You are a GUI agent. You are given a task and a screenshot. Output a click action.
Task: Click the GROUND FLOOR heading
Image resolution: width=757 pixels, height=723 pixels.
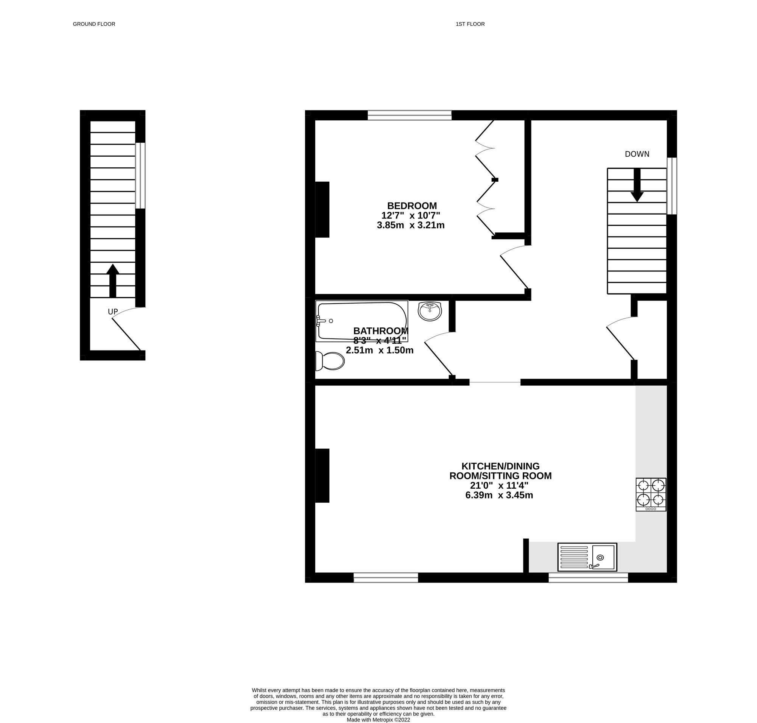(94, 24)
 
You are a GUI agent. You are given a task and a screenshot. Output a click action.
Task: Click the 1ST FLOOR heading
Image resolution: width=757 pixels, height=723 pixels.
(470, 24)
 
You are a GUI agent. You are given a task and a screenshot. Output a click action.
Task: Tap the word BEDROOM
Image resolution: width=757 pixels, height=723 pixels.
(412, 206)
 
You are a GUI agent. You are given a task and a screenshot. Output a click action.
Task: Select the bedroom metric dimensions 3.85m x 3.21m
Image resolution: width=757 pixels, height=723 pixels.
(411, 225)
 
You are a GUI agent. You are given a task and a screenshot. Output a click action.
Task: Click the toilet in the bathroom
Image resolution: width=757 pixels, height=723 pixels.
(329, 361)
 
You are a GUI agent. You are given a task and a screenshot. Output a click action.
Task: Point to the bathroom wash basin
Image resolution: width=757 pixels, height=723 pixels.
(430, 311)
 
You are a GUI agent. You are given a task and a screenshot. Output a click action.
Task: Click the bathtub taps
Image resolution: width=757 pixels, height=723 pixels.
(320, 321)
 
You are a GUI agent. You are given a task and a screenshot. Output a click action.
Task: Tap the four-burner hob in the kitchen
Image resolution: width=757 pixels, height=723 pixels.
(651, 495)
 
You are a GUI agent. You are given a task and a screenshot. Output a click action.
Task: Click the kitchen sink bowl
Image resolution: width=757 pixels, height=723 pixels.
(603, 557)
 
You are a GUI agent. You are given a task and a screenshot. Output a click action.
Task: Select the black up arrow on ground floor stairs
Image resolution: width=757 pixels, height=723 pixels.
(112, 280)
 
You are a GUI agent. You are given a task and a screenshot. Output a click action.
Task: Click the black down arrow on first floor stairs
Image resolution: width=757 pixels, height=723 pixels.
(637, 185)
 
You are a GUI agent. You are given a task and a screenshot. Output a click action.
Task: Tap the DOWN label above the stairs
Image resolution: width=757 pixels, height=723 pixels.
(637, 154)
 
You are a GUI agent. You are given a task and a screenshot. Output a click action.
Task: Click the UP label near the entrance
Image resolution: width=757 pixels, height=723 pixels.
(112, 312)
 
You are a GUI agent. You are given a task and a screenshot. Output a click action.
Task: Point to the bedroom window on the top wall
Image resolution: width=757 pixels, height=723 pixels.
(409, 115)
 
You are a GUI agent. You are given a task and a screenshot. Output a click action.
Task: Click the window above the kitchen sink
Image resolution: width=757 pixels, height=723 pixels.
(588, 577)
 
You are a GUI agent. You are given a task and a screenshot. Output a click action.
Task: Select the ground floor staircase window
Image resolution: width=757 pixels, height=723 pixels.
(140, 176)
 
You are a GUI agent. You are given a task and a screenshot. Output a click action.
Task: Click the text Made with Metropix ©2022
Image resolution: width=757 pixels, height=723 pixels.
(378, 720)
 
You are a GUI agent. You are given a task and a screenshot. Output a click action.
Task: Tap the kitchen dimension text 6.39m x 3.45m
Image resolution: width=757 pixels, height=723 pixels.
(499, 495)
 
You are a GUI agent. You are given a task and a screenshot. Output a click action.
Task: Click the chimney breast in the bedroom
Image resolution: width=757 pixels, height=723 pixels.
(322, 209)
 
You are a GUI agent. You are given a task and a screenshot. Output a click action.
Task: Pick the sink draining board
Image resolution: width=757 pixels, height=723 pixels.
(574, 557)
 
